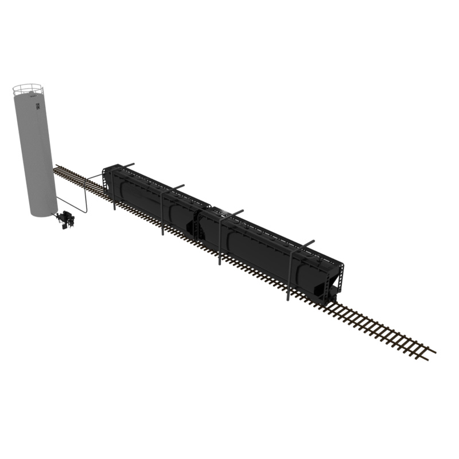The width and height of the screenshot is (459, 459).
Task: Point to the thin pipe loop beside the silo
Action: click(84, 201)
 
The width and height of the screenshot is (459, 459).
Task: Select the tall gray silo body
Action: click(34, 155)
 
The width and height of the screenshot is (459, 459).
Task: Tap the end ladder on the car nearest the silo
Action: click(106, 178)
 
